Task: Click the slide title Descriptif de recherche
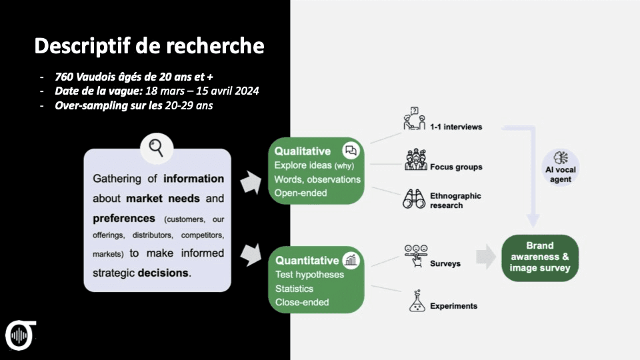pyautogui.click(x=149, y=46)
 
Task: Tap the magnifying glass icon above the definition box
pyautogui.click(x=157, y=147)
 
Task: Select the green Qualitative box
pyautogui.click(x=316, y=171)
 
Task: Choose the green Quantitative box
pyautogui.click(x=316, y=280)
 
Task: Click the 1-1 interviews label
pyautogui.click(x=455, y=127)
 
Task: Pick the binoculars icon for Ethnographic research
pyautogui.click(x=414, y=199)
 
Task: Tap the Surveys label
pyautogui.click(x=445, y=263)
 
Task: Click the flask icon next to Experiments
pyautogui.click(x=417, y=302)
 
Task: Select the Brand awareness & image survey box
pyautogui.click(x=539, y=257)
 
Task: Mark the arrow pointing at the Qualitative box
pyautogui.click(x=251, y=181)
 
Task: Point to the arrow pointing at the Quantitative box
pyautogui.click(x=251, y=254)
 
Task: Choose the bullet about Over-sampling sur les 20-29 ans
pyautogui.click(x=134, y=105)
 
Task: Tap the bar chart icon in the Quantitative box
pyautogui.click(x=351, y=260)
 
